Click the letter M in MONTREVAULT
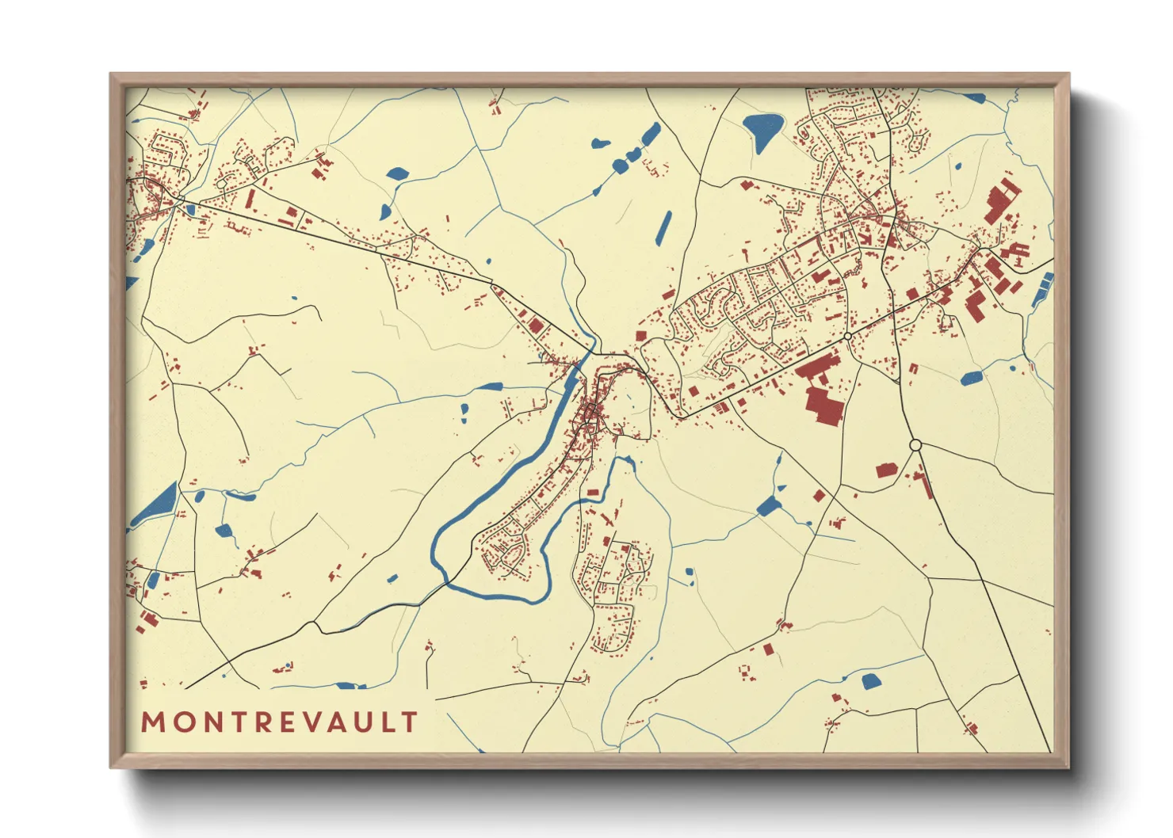coord(153,722)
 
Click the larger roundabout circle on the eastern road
coord(915,446)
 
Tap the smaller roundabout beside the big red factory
coord(847,337)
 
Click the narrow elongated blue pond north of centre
coord(664,227)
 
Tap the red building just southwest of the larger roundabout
coord(886,470)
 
